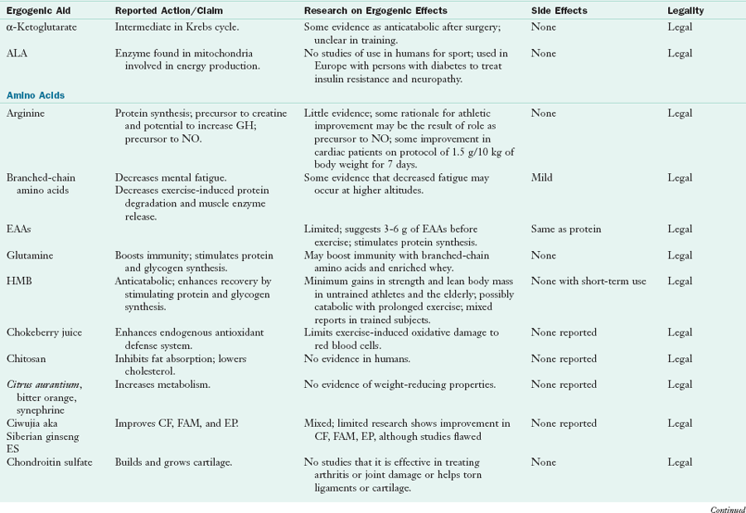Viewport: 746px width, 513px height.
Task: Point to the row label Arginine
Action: (26, 113)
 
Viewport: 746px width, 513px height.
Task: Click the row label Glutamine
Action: (30, 256)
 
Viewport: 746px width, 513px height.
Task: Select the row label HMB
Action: (18, 281)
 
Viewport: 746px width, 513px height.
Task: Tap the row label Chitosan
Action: (27, 359)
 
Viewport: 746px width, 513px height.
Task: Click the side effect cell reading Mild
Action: (542, 178)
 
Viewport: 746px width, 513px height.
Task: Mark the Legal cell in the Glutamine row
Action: (680, 256)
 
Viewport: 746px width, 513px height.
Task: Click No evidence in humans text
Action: (360, 359)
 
